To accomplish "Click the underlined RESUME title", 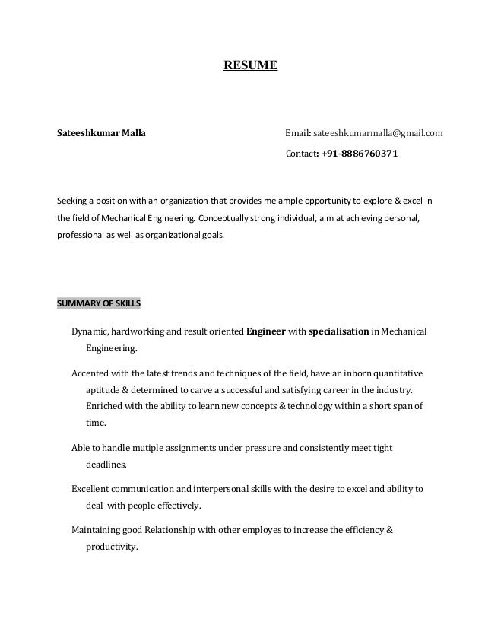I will tap(249, 66).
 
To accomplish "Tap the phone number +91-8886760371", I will tap(359, 154).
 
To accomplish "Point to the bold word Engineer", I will tap(266, 332).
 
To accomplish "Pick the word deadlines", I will tap(106, 464).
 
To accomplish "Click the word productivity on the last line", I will tap(111, 546).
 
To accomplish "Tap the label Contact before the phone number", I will tap(300, 154).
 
